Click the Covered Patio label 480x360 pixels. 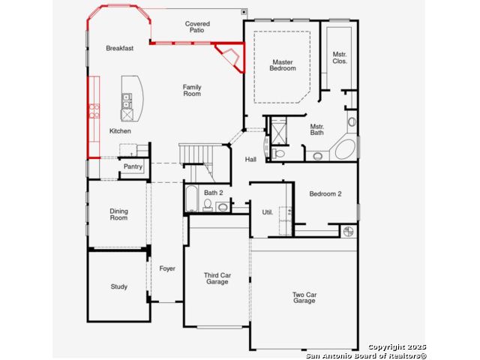[x=197, y=27]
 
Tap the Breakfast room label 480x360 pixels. [x=120, y=48]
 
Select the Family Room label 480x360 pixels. [x=192, y=91]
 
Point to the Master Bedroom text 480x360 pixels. [x=283, y=65]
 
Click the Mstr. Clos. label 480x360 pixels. [x=340, y=58]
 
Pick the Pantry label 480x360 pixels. [x=133, y=166]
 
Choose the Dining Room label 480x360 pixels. [x=118, y=214]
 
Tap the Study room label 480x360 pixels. [x=118, y=286]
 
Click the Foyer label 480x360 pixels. [x=167, y=268]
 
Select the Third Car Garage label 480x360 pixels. [x=217, y=278]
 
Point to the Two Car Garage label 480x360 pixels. [x=304, y=298]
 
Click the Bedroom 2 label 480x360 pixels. [x=325, y=193]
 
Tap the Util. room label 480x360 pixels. [x=268, y=212]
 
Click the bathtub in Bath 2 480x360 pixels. [x=192, y=198]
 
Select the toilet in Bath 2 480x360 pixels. [x=208, y=205]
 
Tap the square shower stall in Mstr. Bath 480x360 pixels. [x=278, y=132]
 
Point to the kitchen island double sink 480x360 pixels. [x=127, y=101]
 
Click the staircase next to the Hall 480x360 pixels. [x=197, y=162]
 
